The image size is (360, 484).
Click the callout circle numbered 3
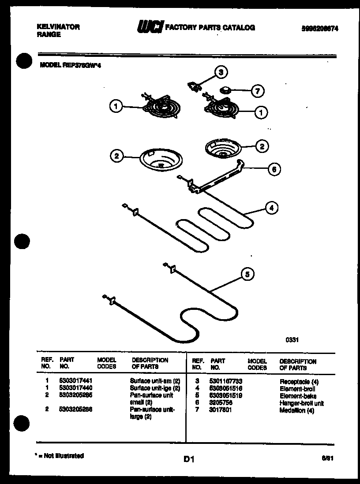click(x=221, y=72)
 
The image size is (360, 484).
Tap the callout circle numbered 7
click(x=257, y=92)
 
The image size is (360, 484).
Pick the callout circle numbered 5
click(x=247, y=275)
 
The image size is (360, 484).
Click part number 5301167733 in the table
click(x=226, y=381)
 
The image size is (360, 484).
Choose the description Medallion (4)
click(x=296, y=411)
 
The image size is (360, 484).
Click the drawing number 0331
click(x=292, y=340)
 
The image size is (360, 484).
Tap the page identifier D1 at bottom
click(x=189, y=460)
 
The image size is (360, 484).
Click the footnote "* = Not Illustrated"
click(x=59, y=456)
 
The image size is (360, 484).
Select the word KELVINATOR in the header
click(x=58, y=27)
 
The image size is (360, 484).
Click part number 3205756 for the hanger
click(x=221, y=403)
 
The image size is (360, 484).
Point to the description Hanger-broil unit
click(x=301, y=403)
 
